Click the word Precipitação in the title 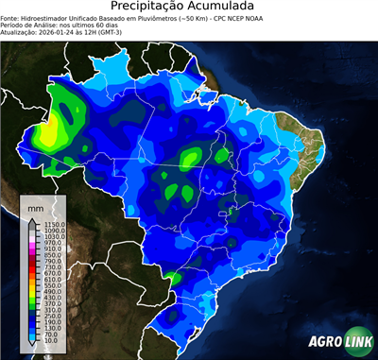point(150,7)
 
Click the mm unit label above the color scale point(35,207)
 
